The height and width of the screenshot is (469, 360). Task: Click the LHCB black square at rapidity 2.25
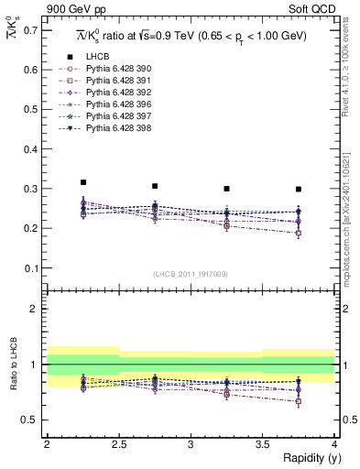point(83,182)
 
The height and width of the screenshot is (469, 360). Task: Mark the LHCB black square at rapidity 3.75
point(299,190)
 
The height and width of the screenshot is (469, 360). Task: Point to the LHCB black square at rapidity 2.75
point(155,186)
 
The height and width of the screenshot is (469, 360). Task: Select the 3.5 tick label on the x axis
point(263,444)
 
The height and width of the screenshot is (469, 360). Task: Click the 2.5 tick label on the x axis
point(119,444)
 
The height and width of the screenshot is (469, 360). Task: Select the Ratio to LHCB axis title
point(12,367)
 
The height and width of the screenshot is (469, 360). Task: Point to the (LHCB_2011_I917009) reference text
point(191,273)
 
